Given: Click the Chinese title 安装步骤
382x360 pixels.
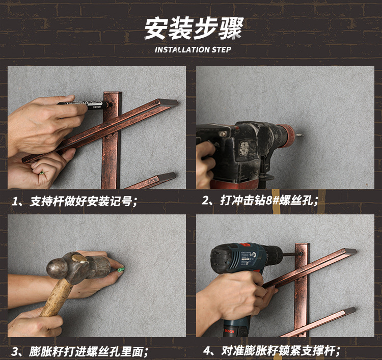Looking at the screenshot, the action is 194,29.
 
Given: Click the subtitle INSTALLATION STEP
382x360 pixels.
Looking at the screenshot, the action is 193,50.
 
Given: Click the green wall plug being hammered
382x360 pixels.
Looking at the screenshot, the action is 120,270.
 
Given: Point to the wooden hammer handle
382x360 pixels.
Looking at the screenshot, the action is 56,298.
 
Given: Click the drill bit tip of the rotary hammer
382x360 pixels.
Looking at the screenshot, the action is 299,134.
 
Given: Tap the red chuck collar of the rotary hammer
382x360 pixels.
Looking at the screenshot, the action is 287,136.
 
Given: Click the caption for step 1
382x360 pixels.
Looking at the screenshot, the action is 75,202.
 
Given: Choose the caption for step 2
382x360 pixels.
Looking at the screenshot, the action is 260,201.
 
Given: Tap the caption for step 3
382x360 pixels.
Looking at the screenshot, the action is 80,351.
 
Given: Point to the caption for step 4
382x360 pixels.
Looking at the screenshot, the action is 271,351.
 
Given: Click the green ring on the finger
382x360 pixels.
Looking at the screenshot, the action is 42,173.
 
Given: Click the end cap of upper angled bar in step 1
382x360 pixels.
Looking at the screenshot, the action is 168,102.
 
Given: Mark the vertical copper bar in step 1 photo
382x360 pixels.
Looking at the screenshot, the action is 112,140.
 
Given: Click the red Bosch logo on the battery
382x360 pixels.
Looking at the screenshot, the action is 229,331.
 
